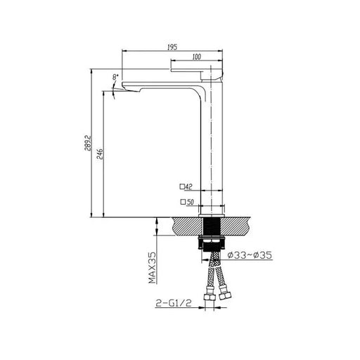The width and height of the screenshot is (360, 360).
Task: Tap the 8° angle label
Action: (115, 75)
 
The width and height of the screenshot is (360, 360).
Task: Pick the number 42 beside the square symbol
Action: (188, 186)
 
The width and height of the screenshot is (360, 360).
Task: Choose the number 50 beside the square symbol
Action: (188, 202)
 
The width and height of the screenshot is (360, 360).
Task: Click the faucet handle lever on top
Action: (198, 71)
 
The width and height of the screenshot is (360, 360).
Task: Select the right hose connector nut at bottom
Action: (224, 295)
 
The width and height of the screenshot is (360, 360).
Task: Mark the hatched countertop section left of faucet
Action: (184, 226)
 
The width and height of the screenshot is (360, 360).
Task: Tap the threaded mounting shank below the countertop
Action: (212, 232)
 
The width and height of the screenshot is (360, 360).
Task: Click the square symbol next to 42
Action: (181, 186)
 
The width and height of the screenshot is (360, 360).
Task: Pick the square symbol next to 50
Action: (181, 202)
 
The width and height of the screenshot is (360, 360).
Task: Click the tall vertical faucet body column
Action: (212, 148)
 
